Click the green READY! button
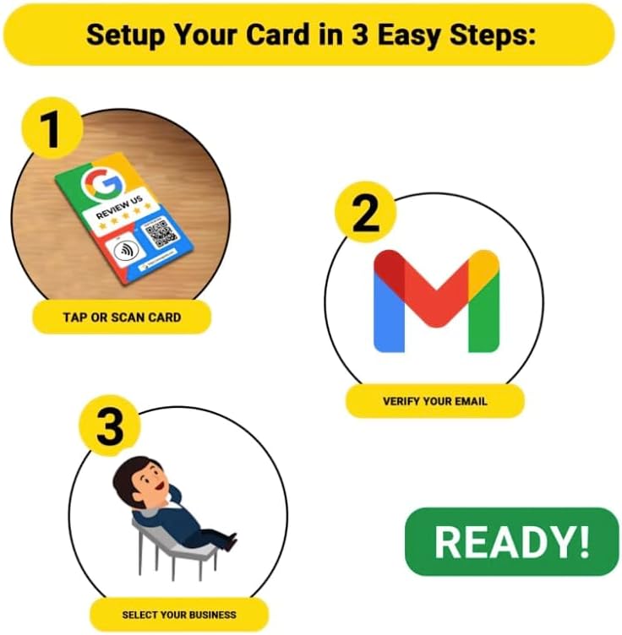coord(512,541)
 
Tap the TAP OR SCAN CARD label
coord(122,317)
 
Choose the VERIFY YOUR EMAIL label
coord(434,400)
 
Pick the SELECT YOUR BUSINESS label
coord(179,614)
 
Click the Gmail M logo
coord(436,301)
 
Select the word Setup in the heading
coord(134,35)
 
